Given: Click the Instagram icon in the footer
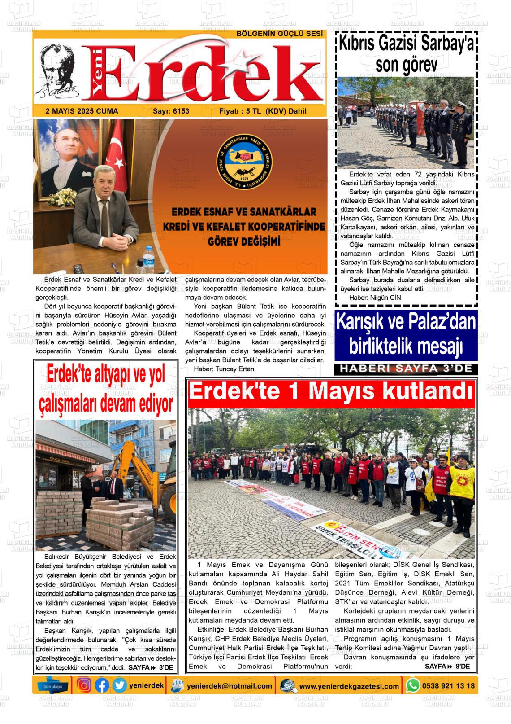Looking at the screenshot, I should [84, 685].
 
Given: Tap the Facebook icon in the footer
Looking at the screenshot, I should [102, 685].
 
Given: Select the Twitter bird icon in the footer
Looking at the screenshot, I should [119, 685].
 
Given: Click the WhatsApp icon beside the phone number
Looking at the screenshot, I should [413, 685].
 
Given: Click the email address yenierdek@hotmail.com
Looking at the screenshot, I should [230, 686].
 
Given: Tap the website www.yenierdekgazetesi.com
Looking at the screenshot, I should [349, 686].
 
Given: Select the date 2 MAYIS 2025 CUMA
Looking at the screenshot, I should [82, 111].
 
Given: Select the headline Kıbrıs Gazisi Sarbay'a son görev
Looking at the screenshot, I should [407, 54].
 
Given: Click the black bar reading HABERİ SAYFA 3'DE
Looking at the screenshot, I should [406, 369].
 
